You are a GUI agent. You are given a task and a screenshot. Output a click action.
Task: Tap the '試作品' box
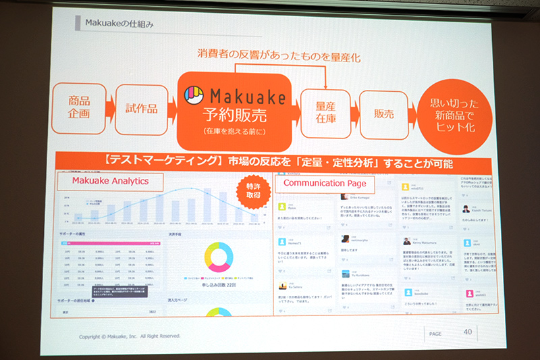click(141, 109)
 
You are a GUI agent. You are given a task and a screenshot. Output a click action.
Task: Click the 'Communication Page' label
click(325, 182)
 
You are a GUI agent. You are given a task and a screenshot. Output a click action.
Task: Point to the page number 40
click(468, 331)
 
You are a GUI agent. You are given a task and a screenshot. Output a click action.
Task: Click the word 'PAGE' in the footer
click(435, 333)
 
